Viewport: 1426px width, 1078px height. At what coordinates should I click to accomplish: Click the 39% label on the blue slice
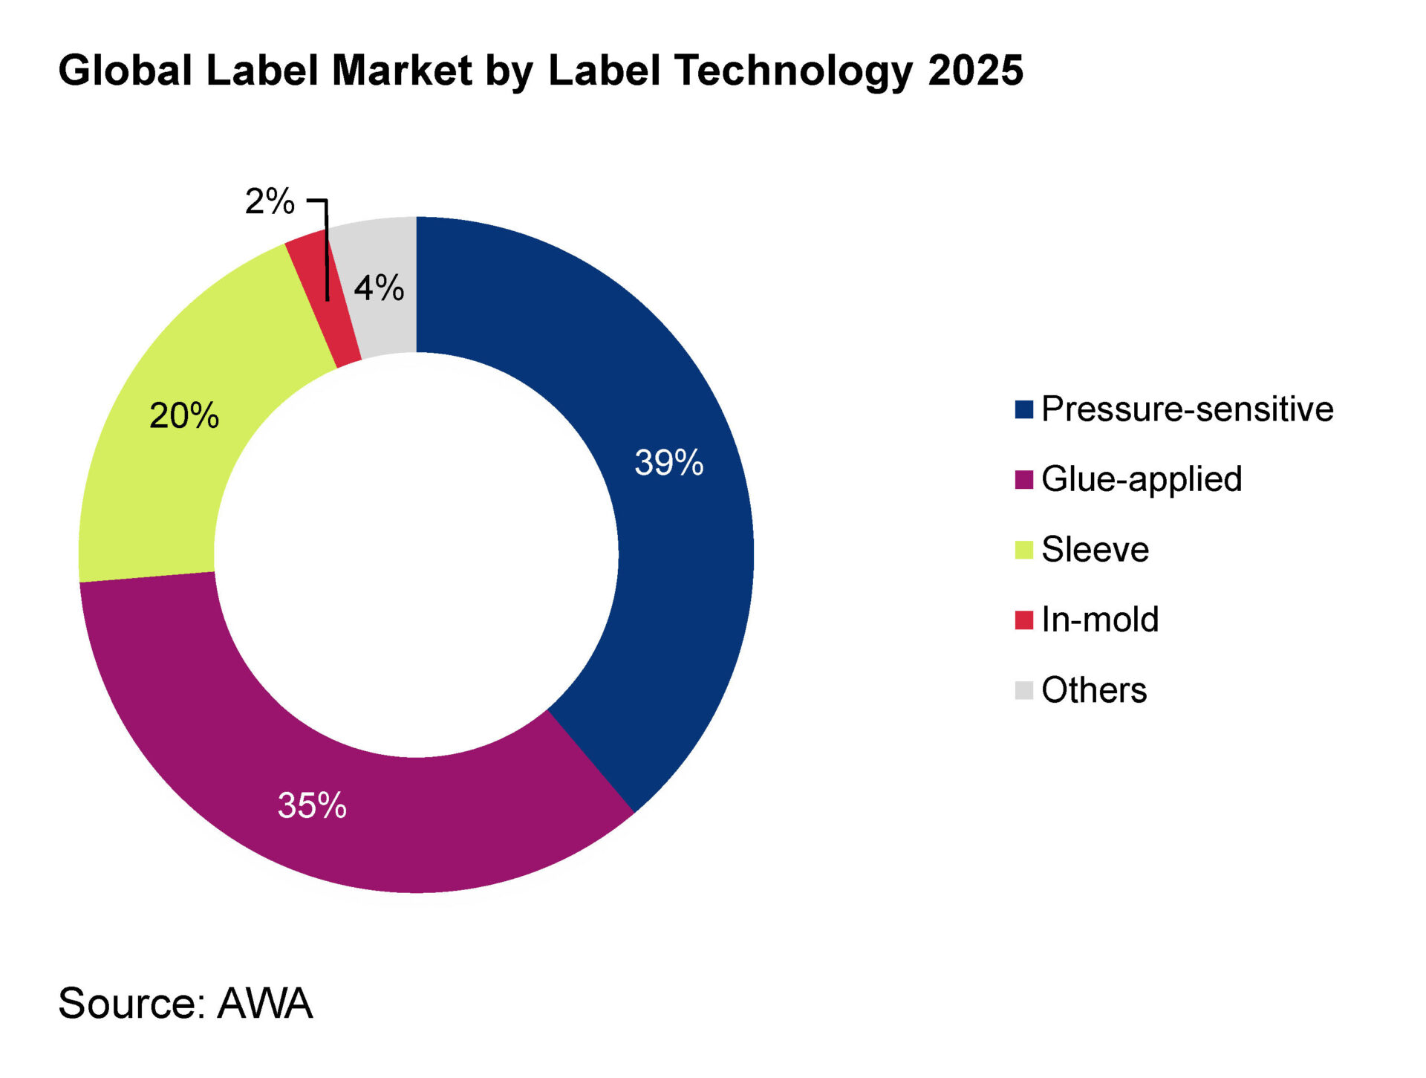668,462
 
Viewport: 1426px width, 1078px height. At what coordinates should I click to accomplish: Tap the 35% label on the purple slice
312,805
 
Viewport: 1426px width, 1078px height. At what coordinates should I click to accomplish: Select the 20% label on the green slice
184,415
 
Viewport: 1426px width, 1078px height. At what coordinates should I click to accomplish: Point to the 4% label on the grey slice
379,288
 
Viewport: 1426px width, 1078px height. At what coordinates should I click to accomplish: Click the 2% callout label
270,201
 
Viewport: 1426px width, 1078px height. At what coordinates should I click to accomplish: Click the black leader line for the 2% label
327,253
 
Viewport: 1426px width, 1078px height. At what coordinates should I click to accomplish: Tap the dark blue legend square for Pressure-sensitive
1023,409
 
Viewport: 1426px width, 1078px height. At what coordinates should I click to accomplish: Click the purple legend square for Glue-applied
1023,480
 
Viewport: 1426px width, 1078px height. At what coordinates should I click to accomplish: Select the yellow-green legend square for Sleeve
1023,550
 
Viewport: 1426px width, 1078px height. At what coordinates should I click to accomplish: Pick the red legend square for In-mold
1023,620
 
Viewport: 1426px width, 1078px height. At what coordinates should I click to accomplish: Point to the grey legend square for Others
1023,690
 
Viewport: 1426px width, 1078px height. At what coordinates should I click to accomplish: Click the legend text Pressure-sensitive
1187,409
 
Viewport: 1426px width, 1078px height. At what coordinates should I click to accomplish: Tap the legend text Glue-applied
1142,480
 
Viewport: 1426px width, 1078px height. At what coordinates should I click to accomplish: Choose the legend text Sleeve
1095,550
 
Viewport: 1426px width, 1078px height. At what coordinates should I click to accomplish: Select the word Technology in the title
794,72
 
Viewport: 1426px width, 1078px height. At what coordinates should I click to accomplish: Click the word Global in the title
126,71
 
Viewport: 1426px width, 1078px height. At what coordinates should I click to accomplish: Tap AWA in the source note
264,1003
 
